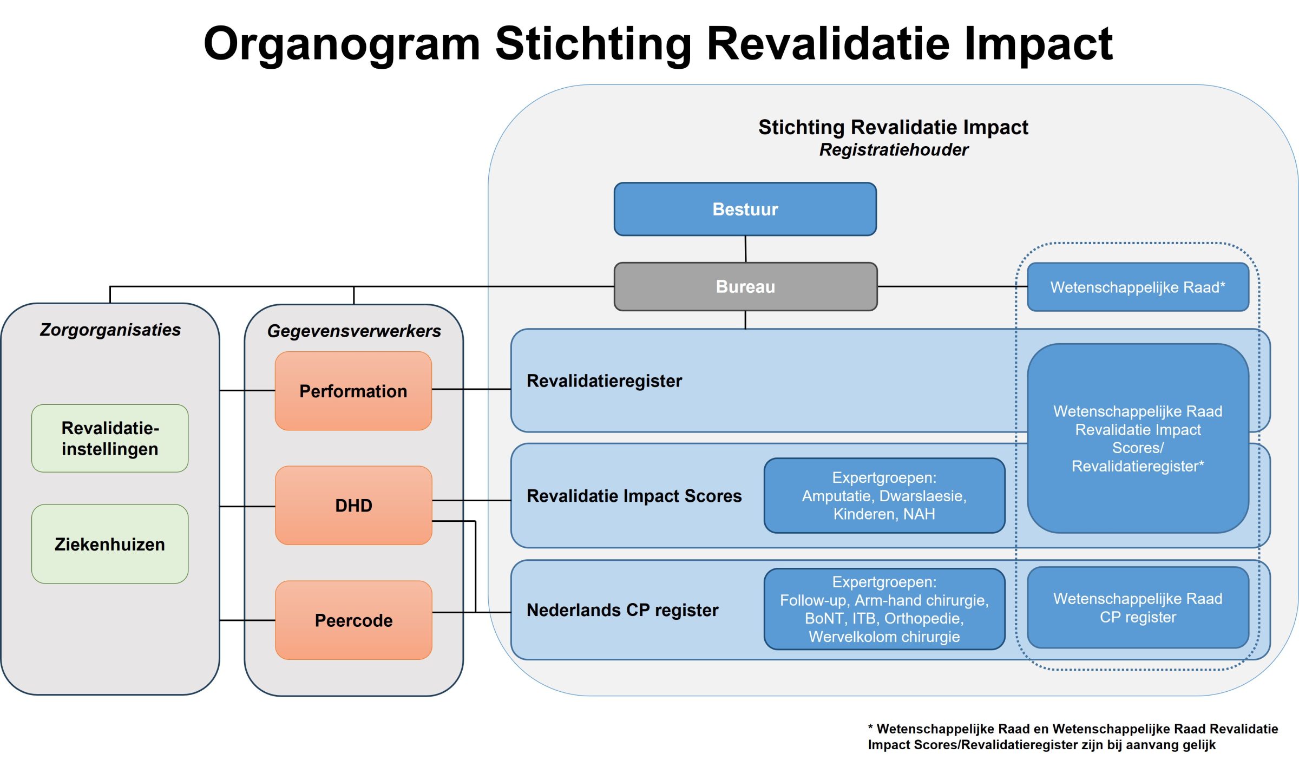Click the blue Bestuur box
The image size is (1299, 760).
tap(745, 209)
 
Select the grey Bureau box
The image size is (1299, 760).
tap(745, 286)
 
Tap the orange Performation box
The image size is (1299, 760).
tap(353, 391)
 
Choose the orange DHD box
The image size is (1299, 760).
tap(353, 505)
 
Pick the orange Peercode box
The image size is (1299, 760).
tap(353, 620)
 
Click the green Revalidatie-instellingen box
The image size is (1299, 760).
tap(110, 438)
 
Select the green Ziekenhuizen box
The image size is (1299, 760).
tap(110, 543)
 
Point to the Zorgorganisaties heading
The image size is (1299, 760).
tap(110, 330)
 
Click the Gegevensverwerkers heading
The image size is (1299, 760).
tap(354, 331)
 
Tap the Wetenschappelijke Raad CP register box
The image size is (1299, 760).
tap(1137, 607)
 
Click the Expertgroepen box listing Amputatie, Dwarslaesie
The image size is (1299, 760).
tap(884, 495)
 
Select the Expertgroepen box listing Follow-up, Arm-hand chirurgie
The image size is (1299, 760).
tap(884, 609)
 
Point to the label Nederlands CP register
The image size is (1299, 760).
tap(622, 610)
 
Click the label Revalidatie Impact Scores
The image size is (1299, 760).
tap(634, 496)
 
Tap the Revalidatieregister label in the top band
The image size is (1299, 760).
tap(604, 381)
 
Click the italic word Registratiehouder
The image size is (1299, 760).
tap(894, 150)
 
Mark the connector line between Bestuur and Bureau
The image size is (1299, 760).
tap(745, 249)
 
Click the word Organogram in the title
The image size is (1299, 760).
tap(342, 44)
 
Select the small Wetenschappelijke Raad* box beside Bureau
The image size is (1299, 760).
tap(1137, 287)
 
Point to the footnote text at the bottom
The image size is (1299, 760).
tap(1072, 737)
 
